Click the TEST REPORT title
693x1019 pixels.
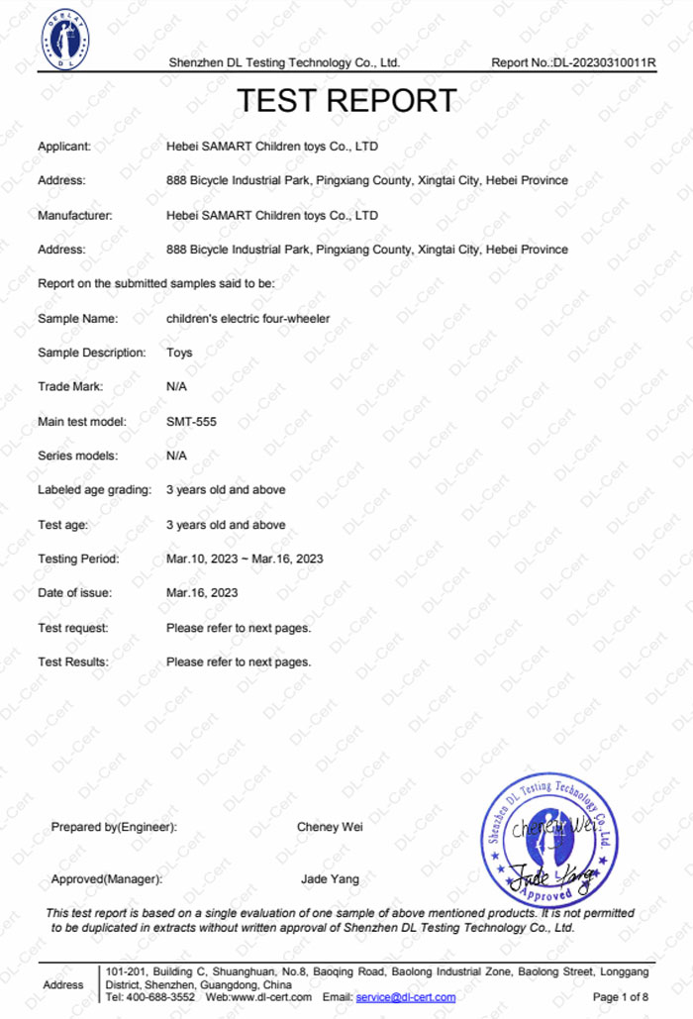coord(346,101)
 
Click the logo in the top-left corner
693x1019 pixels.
coord(64,39)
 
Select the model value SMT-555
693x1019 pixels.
coord(191,422)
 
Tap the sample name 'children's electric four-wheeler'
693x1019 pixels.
coord(247,319)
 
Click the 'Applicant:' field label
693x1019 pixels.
coord(64,147)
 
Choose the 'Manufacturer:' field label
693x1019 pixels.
coord(75,215)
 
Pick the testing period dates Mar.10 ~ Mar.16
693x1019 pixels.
coord(245,559)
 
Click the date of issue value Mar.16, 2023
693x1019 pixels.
coord(202,593)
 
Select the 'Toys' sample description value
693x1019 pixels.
coord(179,353)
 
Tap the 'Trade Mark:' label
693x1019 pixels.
coord(70,387)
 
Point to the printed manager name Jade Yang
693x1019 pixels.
coord(330,879)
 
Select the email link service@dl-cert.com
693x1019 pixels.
coord(406,997)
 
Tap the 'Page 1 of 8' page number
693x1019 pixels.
coord(621,997)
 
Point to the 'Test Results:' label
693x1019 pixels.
coord(73,662)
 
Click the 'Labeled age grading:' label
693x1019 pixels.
coord(95,490)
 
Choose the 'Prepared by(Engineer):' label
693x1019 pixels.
coord(114,827)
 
